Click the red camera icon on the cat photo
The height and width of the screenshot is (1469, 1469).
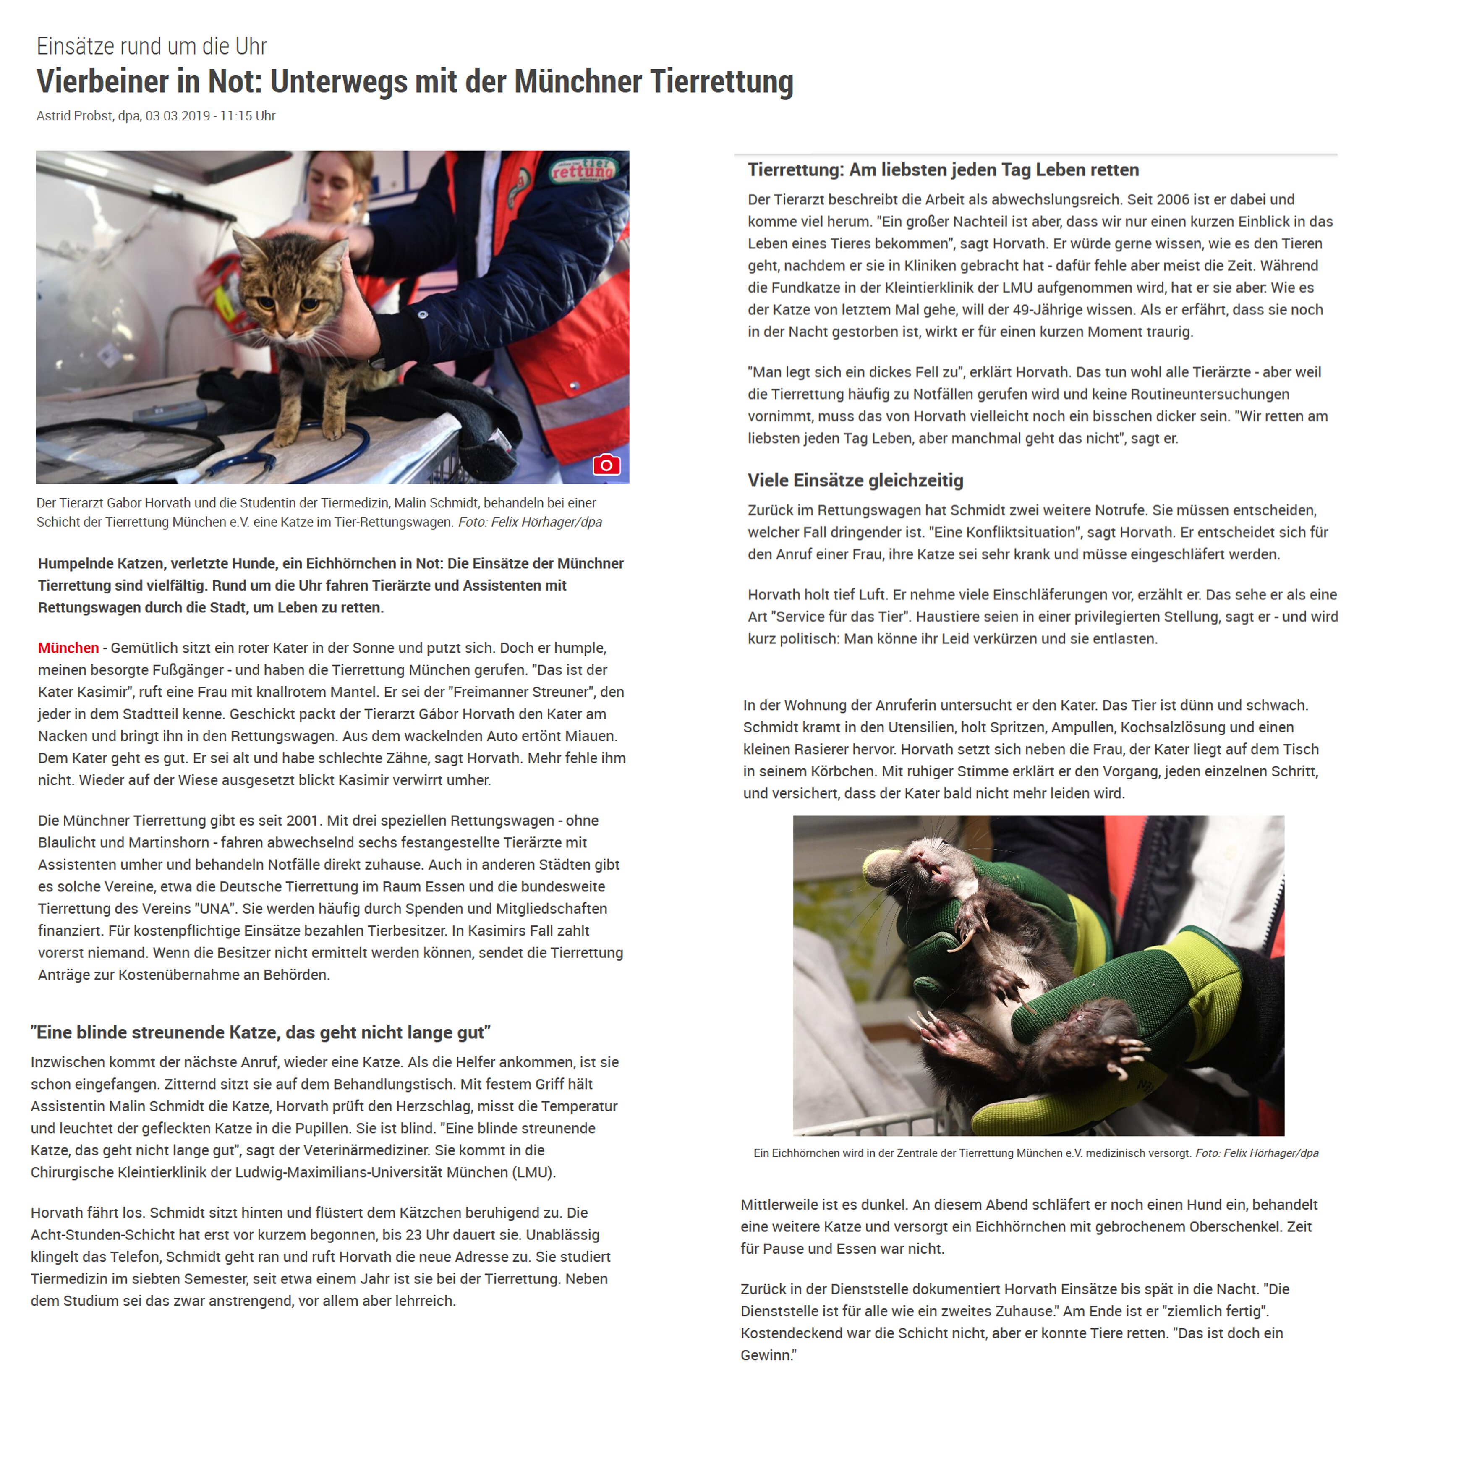tap(606, 465)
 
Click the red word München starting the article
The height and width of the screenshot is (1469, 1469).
tap(68, 648)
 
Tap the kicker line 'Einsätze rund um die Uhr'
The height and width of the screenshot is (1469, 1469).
tap(152, 47)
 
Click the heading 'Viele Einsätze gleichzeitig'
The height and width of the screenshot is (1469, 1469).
tap(855, 481)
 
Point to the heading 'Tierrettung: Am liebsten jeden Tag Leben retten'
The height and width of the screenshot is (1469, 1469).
tap(943, 170)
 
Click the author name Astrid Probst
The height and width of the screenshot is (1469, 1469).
tap(75, 115)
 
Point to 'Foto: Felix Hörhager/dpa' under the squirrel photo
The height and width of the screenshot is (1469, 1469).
tap(1257, 1153)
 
